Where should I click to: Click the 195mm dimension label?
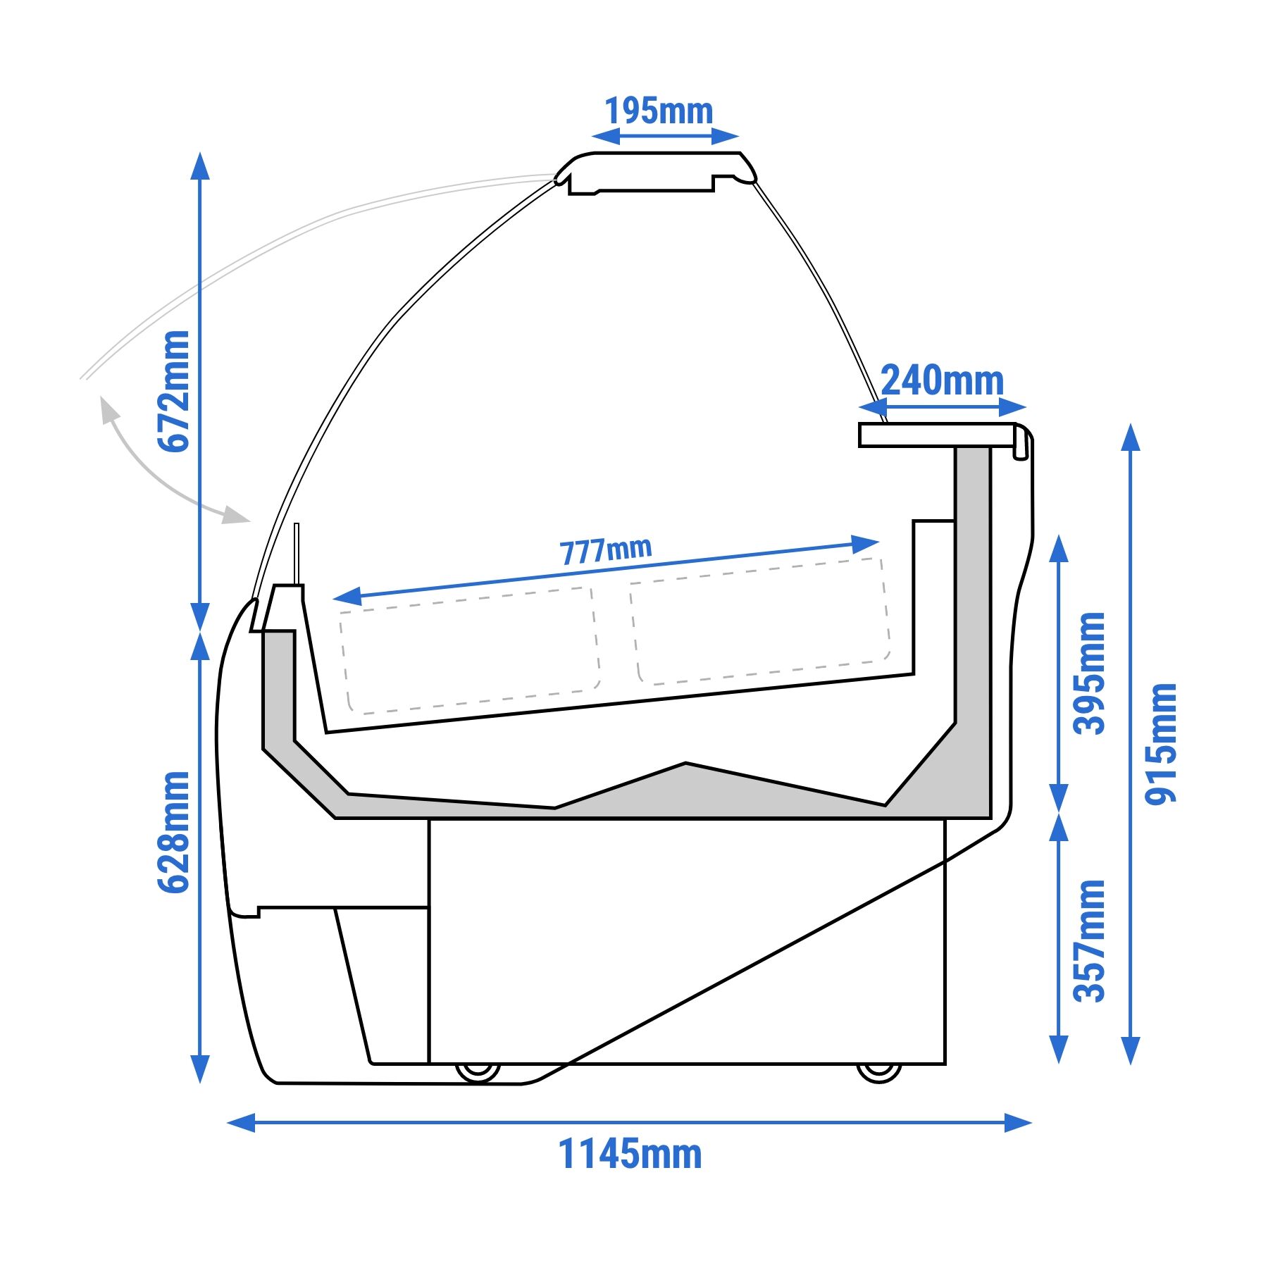tap(659, 111)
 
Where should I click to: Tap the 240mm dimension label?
tap(942, 381)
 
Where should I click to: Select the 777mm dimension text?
tap(606, 551)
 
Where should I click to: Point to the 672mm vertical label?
tap(173, 391)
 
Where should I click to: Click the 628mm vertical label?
tap(173, 833)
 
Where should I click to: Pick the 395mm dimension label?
tap(1089, 673)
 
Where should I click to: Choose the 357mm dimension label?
tap(1089, 941)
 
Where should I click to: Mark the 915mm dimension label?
tap(1161, 744)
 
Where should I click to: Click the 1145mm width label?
tap(630, 1155)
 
